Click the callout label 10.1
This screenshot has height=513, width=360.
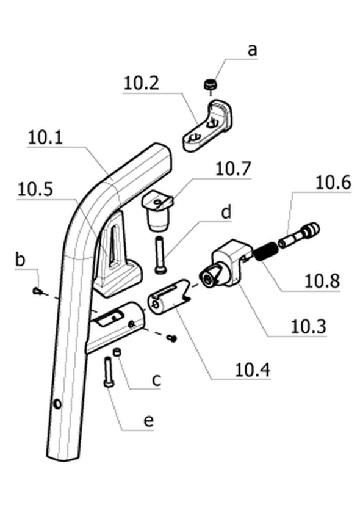[x=45, y=138]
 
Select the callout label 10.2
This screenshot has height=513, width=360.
[x=142, y=83]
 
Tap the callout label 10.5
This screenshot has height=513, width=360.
[x=35, y=189]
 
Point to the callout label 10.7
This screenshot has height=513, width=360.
[x=233, y=169]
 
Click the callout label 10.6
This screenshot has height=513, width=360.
[x=333, y=183]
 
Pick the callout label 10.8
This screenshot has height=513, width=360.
[x=322, y=281]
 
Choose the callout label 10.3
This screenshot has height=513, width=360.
[x=309, y=327]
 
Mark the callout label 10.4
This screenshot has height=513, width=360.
[x=253, y=370]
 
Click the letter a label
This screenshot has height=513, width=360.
[x=253, y=50]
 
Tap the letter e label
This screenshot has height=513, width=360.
[x=148, y=421]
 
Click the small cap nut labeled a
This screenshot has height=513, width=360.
[x=210, y=85]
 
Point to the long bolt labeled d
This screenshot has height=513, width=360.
[x=160, y=255]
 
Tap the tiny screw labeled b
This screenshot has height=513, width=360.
[x=38, y=291]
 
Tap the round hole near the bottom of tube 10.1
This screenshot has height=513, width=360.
[x=57, y=404]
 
